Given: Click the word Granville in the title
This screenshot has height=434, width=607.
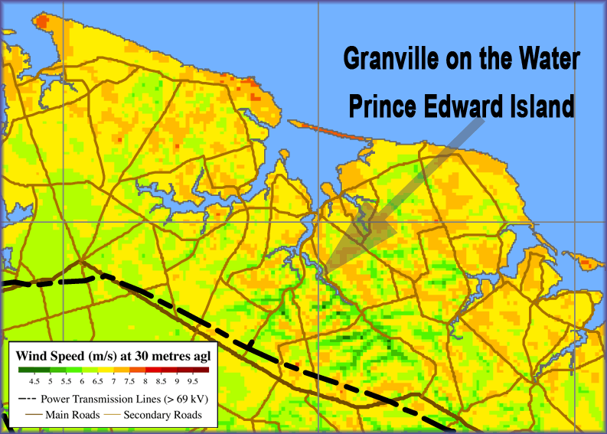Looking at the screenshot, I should pyautogui.click(x=387, y=58).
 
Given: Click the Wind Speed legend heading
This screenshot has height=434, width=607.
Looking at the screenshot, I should pyautogui.click(x=113, y=355).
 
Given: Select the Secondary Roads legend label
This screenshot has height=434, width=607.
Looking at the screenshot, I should pyautogui.click(x=163, y=415).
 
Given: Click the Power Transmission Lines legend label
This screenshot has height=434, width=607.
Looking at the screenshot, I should pyautogui.click(x=123, y=399).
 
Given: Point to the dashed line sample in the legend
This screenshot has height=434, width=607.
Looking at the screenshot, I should pyautogui.click(x=26, y=399).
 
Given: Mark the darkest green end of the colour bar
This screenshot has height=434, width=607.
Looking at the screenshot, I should pyautogui.click(x=23, y=370).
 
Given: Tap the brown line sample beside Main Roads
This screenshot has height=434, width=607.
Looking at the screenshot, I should pyautogui.click(x=26, y=415).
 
